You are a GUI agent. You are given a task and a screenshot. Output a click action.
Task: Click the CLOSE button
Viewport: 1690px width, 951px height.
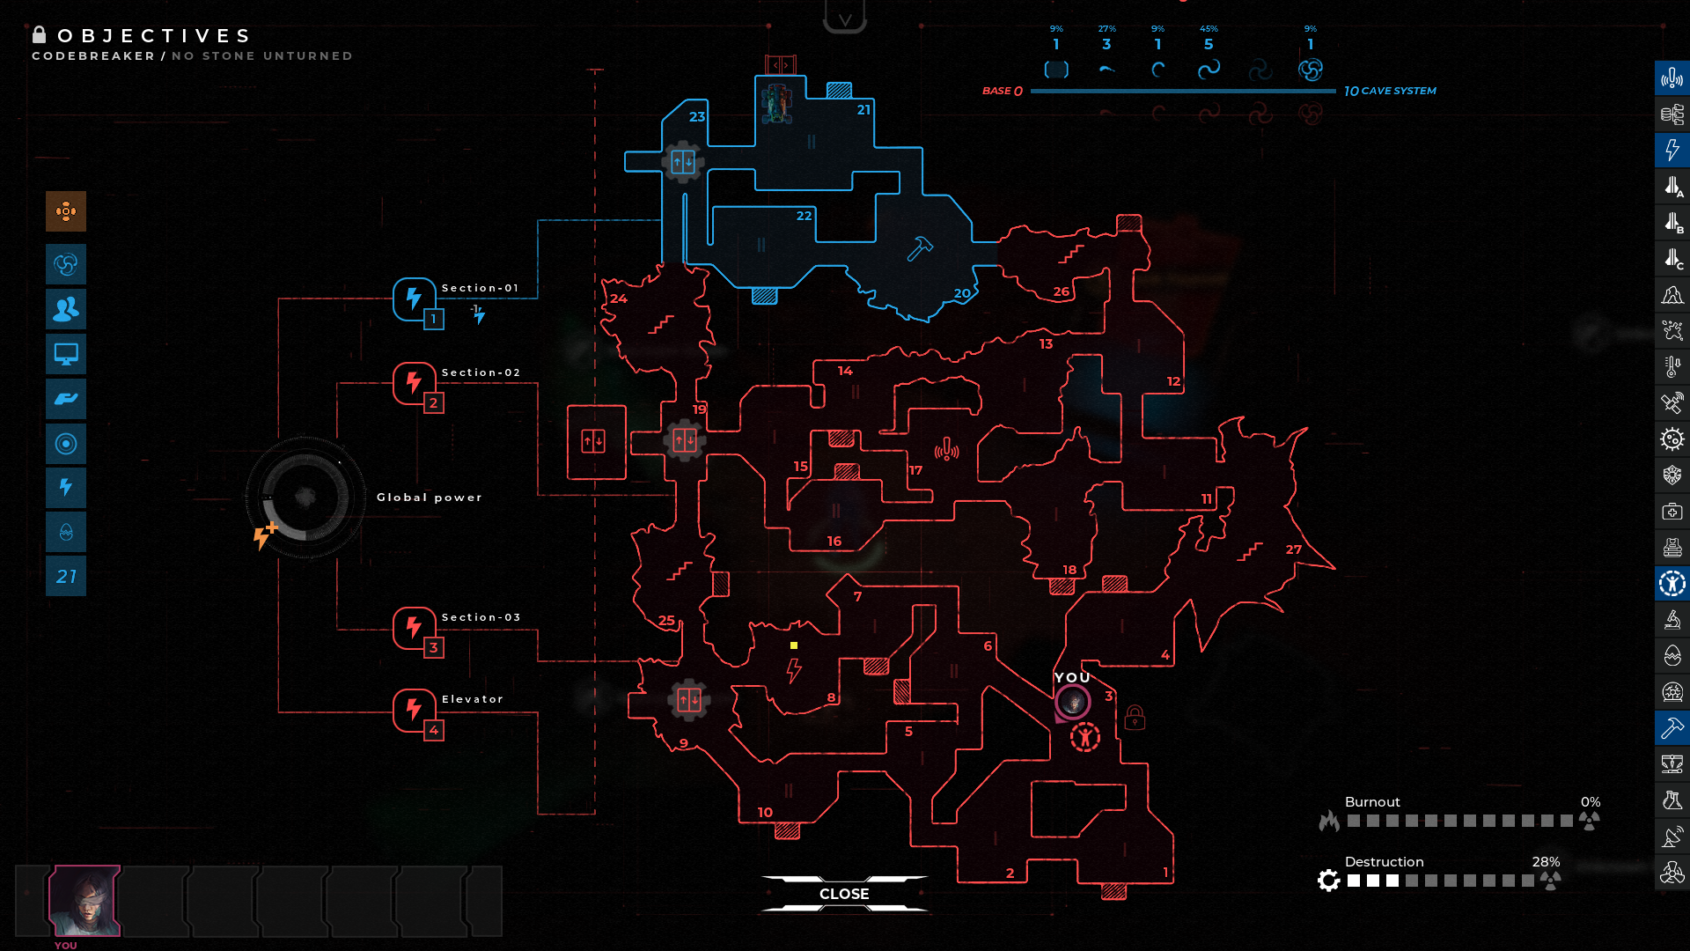point(844,894)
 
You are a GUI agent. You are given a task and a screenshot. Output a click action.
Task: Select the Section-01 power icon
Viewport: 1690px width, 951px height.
point(414,299)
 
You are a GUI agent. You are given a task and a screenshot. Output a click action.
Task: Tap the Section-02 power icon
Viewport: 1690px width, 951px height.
point(414,383)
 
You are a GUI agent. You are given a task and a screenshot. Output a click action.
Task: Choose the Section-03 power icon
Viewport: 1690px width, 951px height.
point(414,628)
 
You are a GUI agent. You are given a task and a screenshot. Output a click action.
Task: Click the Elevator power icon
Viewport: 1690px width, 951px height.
point(414,710)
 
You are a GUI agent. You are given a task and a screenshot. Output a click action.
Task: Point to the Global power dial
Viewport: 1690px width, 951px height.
point(305,498)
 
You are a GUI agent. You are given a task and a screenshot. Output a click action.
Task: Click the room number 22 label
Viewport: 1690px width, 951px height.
point(804,216)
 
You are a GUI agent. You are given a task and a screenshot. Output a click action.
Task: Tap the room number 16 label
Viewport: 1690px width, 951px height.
point(834,542)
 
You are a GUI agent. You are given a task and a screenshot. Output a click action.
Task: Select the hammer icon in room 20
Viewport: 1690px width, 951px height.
point(920,248)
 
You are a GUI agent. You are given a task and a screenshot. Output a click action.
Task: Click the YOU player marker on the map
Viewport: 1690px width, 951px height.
point(1073,702)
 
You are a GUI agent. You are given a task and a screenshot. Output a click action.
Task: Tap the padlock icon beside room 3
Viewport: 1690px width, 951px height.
point(1135,718)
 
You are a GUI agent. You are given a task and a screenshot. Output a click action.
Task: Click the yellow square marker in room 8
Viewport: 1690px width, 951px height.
point(794,645)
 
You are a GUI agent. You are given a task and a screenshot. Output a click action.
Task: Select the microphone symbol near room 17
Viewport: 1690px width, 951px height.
point(946,451)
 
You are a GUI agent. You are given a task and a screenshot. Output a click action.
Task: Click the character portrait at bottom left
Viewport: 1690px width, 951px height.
point(84,900)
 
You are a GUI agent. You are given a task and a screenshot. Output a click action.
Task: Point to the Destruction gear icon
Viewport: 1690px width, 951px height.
point(1329,880)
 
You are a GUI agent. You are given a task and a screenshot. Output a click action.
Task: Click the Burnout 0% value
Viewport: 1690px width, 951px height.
point(1590,802)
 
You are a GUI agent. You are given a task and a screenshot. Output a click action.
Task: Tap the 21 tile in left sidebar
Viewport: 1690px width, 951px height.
point(66,577)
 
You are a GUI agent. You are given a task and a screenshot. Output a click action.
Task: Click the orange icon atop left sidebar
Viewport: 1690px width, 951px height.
point(66,211)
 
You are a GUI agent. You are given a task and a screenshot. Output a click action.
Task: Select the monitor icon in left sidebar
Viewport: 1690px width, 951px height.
point(66,354)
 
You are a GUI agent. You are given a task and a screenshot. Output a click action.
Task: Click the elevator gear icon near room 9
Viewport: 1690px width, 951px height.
point(688,701)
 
